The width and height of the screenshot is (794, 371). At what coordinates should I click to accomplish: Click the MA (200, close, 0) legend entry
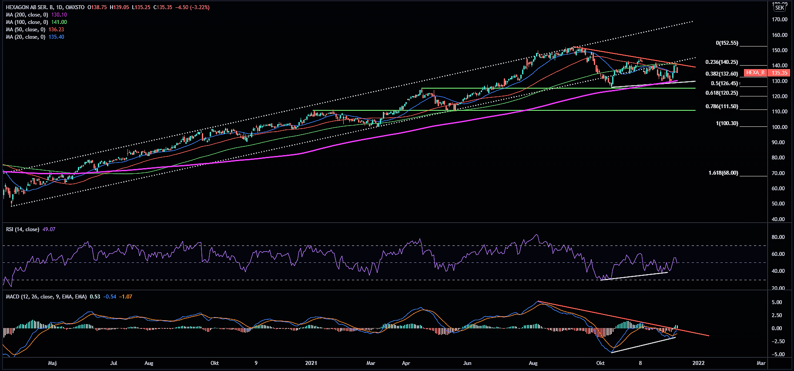tap(27, 15)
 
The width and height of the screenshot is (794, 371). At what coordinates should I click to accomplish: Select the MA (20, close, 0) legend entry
tap(25, 37)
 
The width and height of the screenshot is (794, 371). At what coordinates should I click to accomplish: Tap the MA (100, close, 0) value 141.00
tap(59, 22)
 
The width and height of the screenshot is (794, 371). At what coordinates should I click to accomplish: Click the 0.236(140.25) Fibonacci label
tap(721, 62)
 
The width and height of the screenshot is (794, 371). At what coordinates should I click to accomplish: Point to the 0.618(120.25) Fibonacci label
tap(721, 93)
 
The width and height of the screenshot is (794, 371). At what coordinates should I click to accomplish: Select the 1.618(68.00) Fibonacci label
tap(723, 173)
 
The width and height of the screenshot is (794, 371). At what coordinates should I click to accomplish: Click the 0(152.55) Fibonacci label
tap(727, 43)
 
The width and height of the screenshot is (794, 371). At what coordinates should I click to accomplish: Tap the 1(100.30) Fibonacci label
tap(727, 123)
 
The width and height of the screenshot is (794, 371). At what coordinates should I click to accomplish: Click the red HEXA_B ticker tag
tap(755, 73)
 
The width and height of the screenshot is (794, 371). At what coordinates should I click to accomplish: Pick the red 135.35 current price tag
tap(780, 73)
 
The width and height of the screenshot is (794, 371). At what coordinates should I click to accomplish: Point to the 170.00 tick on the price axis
tap(779, 20)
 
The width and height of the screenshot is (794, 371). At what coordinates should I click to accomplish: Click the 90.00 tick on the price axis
tap(779, 142)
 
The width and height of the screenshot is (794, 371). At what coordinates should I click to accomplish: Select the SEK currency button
tap(779, 8)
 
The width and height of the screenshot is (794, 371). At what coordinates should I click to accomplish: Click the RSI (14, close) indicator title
tap(23, 229)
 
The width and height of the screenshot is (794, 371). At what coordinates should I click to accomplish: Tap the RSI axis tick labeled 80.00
tap(778, 237)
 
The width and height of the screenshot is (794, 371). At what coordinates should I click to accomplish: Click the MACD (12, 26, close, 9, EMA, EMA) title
tap(46, 297)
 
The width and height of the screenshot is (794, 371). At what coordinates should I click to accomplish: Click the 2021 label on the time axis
tap(311, 363)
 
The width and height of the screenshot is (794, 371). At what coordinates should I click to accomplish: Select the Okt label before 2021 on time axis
tap(214, 363)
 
